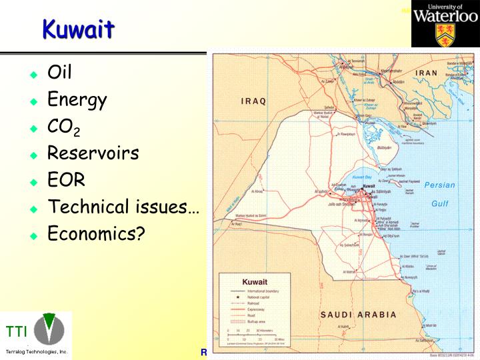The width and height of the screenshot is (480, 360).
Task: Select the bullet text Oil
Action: [x=59, y=72]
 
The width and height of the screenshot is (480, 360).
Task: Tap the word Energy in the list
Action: [x=77, y=100]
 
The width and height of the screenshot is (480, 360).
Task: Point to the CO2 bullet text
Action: [x=63, y=127]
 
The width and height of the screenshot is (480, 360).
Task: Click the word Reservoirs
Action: [x=93, y=153]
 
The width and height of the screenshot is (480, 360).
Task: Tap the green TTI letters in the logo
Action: [x=17, y=331]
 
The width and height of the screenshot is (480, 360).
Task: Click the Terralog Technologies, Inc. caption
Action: [x=37, y=351]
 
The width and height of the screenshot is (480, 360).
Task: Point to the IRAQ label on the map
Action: [x=253, y=101]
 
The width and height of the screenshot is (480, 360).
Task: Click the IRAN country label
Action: [x=427, y=73]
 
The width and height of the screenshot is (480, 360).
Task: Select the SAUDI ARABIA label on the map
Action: [x=358, y=315]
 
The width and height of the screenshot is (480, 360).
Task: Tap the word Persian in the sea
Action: [x=439, y=185]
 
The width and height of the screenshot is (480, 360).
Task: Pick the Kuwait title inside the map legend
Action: [x=255, y=282]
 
